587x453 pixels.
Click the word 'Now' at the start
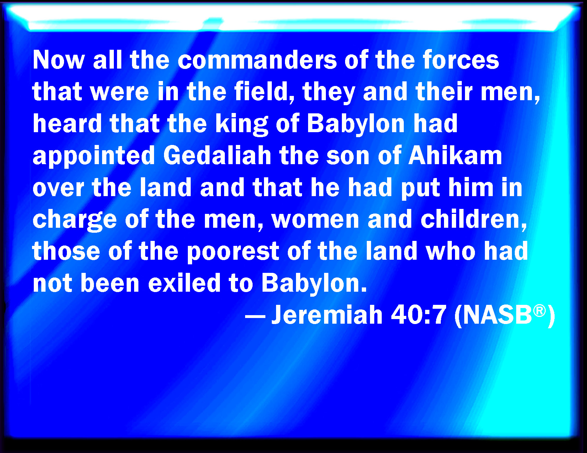click(x=59, y=60)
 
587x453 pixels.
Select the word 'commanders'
click(x=257, y=60)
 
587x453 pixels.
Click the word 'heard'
click(x=67, y=124)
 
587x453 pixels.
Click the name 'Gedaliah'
click(x=217, y=155)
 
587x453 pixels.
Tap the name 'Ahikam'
click(x=455, y=155)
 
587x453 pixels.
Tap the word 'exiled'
click(x=184, y=283)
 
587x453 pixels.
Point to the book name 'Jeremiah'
click(x=327, y=314)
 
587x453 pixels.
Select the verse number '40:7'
click(x=418, y=314)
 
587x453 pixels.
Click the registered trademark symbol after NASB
click(x=539, y=311)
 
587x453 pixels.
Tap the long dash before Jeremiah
click(x=255, y=316)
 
